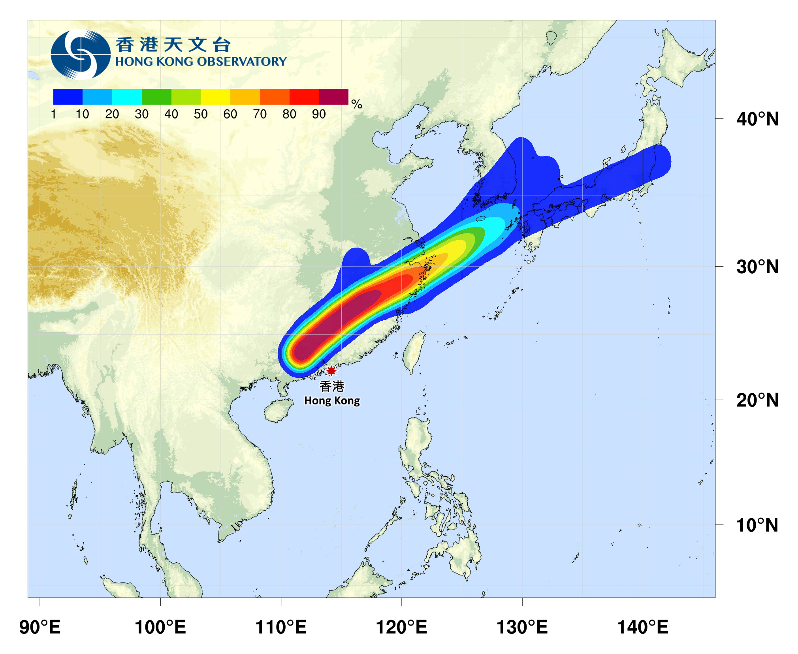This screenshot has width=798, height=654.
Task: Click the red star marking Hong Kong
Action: [x=331, y=370]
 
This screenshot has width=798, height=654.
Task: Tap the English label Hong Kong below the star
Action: [x=332, y=400]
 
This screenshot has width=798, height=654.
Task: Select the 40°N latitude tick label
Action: [x=757, y=119]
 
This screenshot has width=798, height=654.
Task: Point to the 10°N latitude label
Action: [x=757, y=525]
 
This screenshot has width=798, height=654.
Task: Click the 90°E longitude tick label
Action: [x=40, y=627]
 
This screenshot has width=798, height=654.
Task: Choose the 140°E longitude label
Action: [x=642, y=627]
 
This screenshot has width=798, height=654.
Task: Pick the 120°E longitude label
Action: [x=401, y=627]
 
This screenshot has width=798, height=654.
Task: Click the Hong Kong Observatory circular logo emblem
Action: [x=81, y=54]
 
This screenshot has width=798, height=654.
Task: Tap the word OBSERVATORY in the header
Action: [x=241, y=62]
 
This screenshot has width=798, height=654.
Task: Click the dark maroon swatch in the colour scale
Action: [x=333, y=97]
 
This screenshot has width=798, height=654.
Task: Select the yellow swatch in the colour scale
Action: [x=215, y=97]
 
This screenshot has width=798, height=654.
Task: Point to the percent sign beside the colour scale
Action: [x=357, y=104]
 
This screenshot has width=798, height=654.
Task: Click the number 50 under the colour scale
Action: [x=201, y=114]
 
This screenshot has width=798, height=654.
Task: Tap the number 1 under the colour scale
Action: [x=54, y=114]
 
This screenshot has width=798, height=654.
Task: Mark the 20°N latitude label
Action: [x=757, y=400]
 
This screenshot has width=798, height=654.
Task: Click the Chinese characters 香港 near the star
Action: [x=332, y=386]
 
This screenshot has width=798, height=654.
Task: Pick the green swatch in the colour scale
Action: [x=156, y=97]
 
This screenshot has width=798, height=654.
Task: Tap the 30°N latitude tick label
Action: [x=757, y=267]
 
